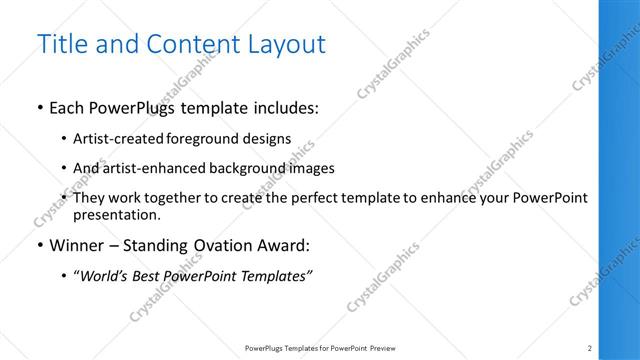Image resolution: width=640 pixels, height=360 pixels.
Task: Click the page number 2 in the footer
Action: (590, 348)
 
